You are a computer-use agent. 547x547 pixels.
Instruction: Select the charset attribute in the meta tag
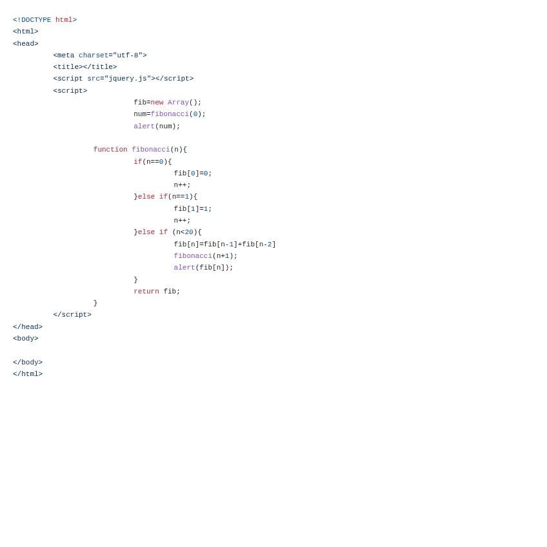click(93, 55)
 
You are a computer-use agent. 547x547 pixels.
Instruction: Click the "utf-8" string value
click(128, 55)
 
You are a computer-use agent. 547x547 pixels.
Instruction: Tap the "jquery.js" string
click(128, 79)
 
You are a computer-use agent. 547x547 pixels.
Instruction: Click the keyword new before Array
click(157, 103)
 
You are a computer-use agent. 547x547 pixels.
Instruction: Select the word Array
click(178, 103)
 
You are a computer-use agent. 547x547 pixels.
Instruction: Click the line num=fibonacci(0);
click(170, 114)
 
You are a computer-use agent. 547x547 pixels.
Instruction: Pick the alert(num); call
click(157, 126)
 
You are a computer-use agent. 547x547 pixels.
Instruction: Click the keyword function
click(110, 150)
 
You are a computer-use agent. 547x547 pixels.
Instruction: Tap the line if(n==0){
click(153, 162)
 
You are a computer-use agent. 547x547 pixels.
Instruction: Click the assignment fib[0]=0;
click(193, 174)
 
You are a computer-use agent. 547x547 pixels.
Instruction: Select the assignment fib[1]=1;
click(193, 209)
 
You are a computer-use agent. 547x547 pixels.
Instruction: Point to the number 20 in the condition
click(189, 232)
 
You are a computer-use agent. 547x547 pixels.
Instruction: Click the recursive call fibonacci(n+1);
click(206, 256)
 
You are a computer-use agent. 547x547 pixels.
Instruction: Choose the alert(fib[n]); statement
click(204, 268)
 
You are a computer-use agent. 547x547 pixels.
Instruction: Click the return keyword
click(146, 292)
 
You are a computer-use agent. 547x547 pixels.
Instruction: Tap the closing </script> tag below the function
click(72, 315)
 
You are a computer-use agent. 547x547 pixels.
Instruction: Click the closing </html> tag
click(28, 374)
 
